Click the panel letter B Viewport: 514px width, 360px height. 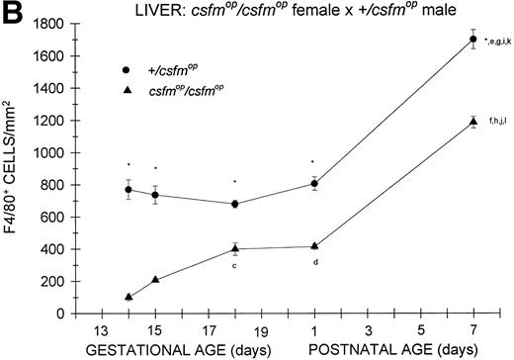point(12,12)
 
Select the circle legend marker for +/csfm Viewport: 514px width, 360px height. point(157,71)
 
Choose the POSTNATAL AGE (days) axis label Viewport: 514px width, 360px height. point(390,349)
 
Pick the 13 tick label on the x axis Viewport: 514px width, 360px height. point(100,330)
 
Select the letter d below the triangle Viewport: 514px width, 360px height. point(314,262)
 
